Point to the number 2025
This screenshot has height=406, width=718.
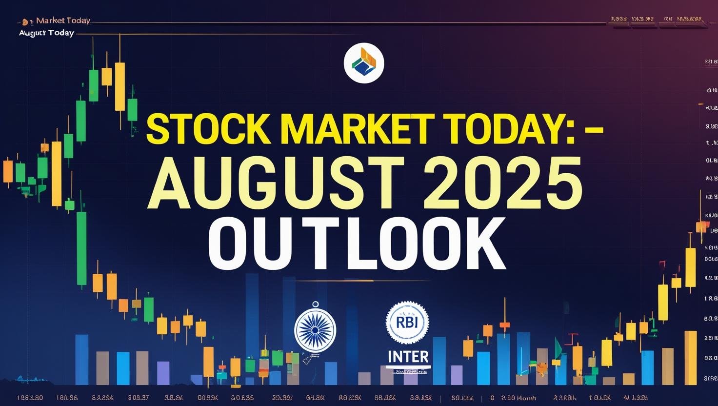click(502, 183)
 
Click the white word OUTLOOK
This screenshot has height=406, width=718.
click(357, 244)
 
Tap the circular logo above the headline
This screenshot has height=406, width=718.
click(364, 63)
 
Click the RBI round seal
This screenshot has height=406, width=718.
click(407, 323)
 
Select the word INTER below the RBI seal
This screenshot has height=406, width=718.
click(408, 357)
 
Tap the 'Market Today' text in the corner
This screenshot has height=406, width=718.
click(63, 20)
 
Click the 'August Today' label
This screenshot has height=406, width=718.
click(46, 33)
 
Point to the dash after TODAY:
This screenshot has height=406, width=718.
click(594, 131)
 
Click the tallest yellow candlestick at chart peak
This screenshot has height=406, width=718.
click(120, 86)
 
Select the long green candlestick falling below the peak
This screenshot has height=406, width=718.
click(81, 248)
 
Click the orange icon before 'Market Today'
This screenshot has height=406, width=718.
click(25, 22)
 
